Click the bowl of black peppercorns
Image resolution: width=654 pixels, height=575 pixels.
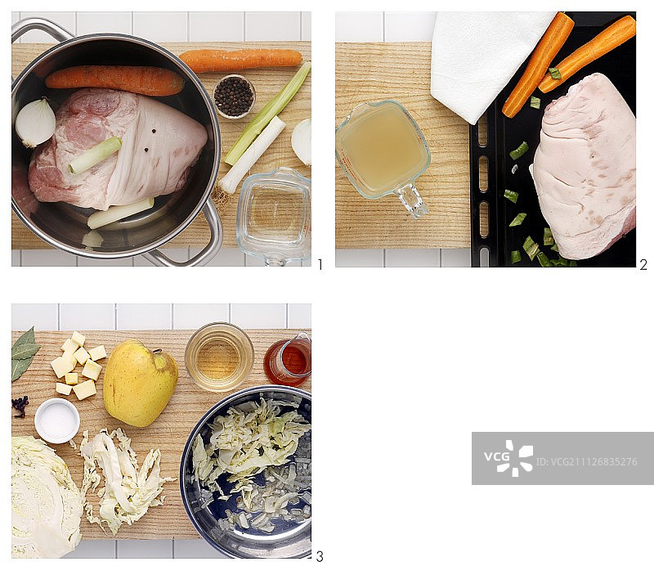[234, 97]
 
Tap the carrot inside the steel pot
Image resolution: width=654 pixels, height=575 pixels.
[114, 79]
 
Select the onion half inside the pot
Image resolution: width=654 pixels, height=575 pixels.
[35, 122]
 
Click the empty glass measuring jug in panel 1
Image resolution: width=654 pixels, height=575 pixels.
[275, 215]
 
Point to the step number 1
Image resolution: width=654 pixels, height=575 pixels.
[320, 264]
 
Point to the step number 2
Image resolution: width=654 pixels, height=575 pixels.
[643, 264]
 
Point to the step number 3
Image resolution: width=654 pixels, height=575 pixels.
[320, 556]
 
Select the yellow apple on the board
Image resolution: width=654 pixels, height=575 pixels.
[140, 383]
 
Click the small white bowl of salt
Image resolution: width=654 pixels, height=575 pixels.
[56, 420]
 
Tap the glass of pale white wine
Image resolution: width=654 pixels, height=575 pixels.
[219, 357]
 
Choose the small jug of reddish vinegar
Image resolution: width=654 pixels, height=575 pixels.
[289, 360]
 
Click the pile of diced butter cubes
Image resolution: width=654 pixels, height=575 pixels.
[78, 365]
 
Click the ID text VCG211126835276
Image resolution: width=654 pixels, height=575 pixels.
[586, 461]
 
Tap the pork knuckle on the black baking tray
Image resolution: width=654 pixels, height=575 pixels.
[584, 166]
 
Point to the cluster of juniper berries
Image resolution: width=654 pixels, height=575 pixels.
[20, 406]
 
